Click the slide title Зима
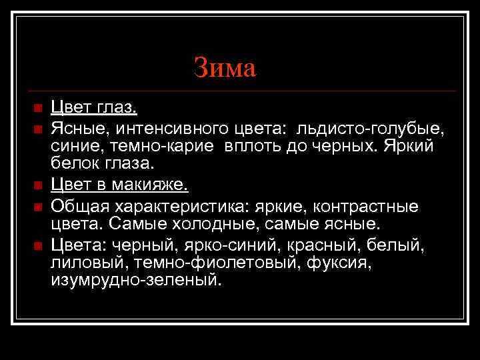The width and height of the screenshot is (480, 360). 225,67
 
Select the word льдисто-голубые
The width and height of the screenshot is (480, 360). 373,127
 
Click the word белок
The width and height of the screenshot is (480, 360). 75,163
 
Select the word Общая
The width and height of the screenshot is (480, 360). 76,204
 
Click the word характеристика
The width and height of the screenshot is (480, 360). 171,204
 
